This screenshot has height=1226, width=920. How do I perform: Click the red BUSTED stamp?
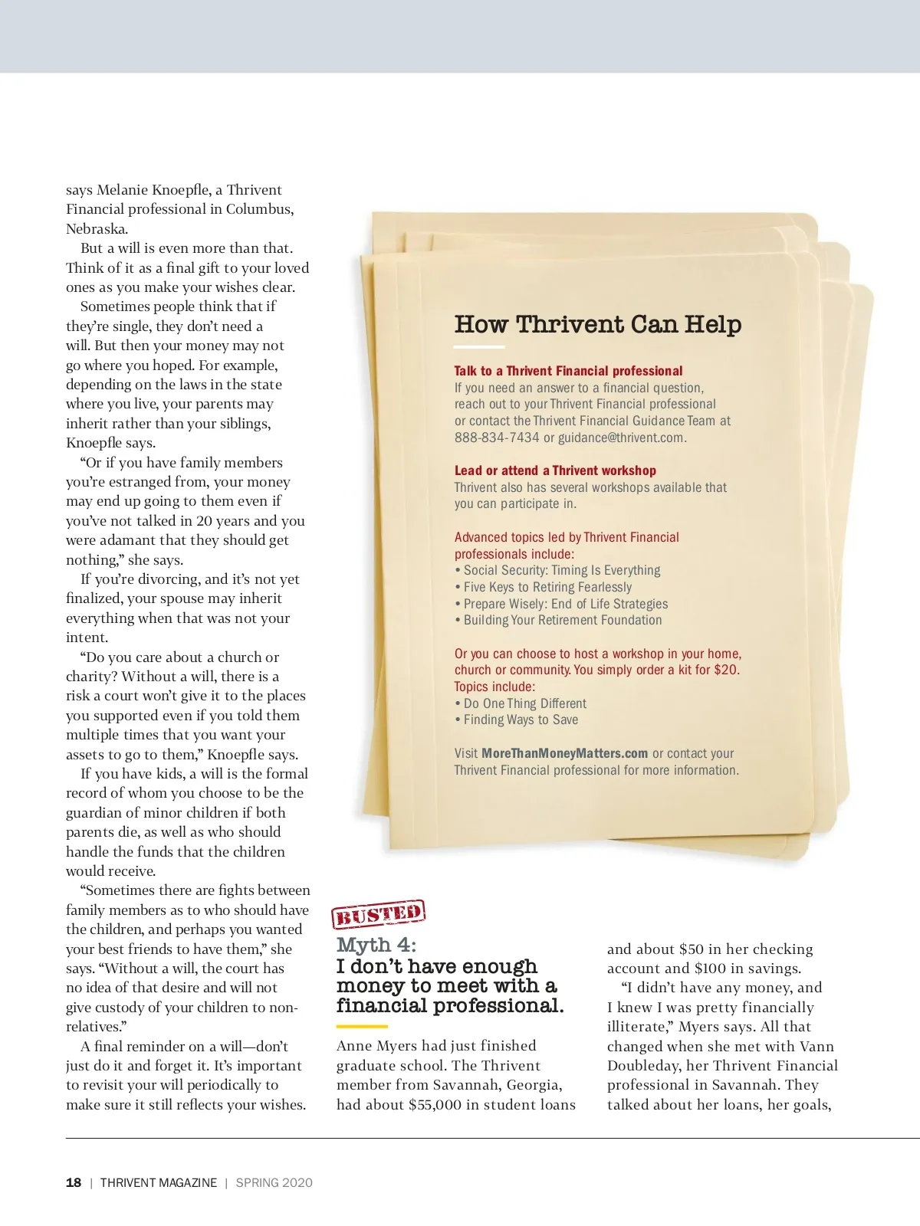pyautogui.click(x=378, y=914)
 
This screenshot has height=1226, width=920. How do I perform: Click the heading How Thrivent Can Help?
pyautogui.click(x=597, y=324)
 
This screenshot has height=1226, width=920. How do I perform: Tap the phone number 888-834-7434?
pyautogui.click(x=497, y=438)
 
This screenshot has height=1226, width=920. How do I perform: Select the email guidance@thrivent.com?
pyautogui.click(x=621, y=438)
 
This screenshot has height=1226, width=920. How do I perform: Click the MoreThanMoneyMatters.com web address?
pyautogui.click(x=564, y=753)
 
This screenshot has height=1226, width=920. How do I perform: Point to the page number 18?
pyautogui.click(x=74, y=1182)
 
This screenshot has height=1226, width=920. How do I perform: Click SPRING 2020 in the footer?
pyautogui.click(x=274, y=1182)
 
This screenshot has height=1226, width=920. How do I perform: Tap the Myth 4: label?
pyautogui.click(x=376, y=945)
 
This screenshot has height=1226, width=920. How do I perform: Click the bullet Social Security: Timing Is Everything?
pyautogui.click(x=561, y=570)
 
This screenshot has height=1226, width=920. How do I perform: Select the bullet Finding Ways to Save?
pyautogui.click(x=521, y=720)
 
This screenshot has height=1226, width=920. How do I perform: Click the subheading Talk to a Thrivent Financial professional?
pyautogui.click(x=568, y=371)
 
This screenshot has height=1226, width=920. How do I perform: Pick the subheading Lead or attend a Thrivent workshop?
pyautogui.click(x=555, y=470)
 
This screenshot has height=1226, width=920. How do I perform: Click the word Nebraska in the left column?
pyautogui.click(x=97, y=228)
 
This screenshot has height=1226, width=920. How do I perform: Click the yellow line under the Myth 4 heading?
pyautogui.click(x=362, y=1026)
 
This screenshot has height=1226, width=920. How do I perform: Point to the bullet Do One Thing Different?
pyautogui.click(x=524, y=703)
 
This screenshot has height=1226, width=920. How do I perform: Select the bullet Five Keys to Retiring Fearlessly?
pyautogui.click(x=547, y=587)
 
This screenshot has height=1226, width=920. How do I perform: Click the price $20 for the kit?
pyautogui.click(x=725, y=670)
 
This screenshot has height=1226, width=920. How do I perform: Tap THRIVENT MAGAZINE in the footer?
pyautogui.click(x=159, y=1182)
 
